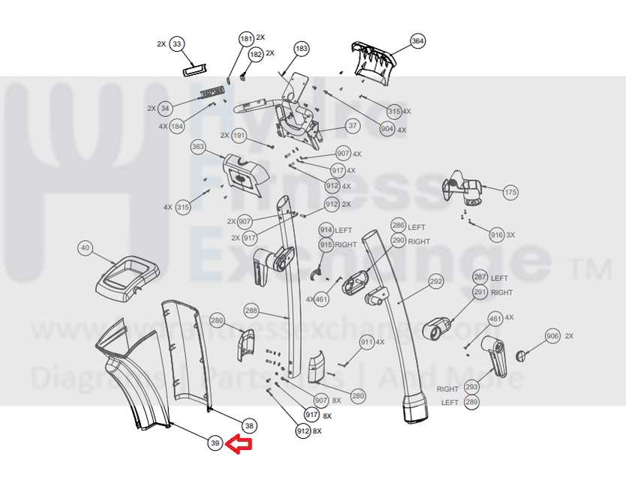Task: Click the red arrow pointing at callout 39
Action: pos(239,445)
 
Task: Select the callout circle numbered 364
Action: pos(417,40)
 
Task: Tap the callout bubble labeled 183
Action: pos(301,49)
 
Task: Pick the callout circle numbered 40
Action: pos(84,247)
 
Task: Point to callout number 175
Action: pos(510,192)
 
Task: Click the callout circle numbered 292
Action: pos(435,282)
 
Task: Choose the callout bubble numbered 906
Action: pos(552,336)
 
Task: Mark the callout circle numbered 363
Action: pos(198,147)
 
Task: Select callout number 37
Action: pos(353,125)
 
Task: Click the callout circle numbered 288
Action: pos(251,310)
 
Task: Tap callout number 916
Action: pos(496,235)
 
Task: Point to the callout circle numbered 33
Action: pos(176,44)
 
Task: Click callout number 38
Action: pos(250,426)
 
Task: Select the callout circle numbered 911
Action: pos(366,342)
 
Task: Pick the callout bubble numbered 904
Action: pos(387,129)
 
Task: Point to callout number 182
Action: pos(255,54)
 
